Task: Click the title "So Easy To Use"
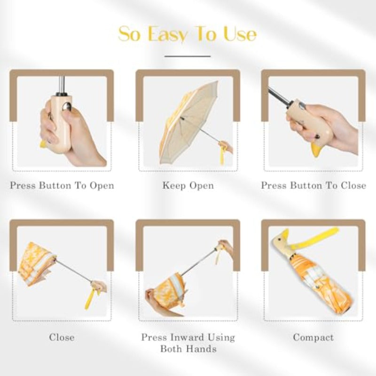pos(188,34)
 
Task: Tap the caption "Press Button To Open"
pos(62,185)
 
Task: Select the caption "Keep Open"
pos(188,185)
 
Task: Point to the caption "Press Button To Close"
pos(313,185)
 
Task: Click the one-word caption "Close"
pos(62,337)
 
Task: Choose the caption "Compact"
pos(313,337)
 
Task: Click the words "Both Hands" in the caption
pos(188,349)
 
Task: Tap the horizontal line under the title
pos(188,56)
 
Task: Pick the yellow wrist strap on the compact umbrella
pos(324,235)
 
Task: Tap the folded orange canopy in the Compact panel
pos(320,287)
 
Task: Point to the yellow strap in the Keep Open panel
pos(222,155)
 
